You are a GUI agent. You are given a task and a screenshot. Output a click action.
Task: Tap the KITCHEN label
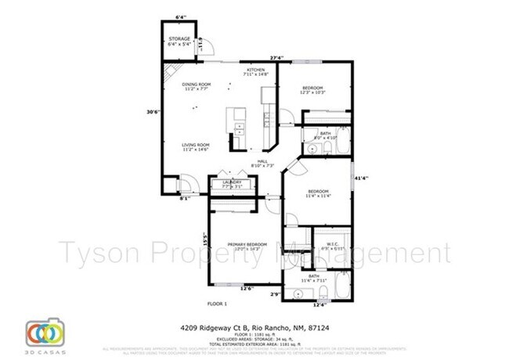(x=257, y=70)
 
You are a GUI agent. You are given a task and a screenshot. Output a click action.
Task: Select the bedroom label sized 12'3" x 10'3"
(x=313, y=88)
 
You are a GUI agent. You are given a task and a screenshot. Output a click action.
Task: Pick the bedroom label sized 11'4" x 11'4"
(x=317, y=192)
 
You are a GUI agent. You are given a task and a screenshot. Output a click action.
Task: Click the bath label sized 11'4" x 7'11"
(x=313, y=276)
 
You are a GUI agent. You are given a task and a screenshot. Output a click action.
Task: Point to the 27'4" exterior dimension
(x=277, y=57)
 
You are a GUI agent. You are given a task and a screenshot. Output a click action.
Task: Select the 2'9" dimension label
(x=276, y=293)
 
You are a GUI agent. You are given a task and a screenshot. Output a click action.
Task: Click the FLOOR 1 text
(x=216, y=303)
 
